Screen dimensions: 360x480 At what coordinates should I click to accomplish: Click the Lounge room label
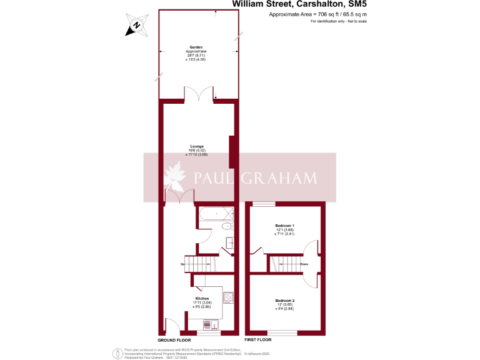(197, 146)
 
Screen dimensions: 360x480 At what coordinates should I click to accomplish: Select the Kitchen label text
(202, 289)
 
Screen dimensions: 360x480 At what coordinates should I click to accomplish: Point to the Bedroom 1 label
(285, 225)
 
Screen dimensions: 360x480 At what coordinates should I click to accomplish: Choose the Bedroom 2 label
(285, 301)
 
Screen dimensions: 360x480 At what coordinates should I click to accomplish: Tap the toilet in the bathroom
(227, 226)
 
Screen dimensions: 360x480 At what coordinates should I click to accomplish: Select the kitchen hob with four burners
(227, 298)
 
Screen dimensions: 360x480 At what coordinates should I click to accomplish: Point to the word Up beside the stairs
(182, 264)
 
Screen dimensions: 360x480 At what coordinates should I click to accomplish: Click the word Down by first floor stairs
(304, 264)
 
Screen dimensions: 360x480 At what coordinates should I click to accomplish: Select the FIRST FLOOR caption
(257, 339)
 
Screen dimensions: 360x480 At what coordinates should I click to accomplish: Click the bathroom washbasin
(229, 244)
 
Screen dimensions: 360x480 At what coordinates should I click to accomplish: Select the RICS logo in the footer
(116, 354)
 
